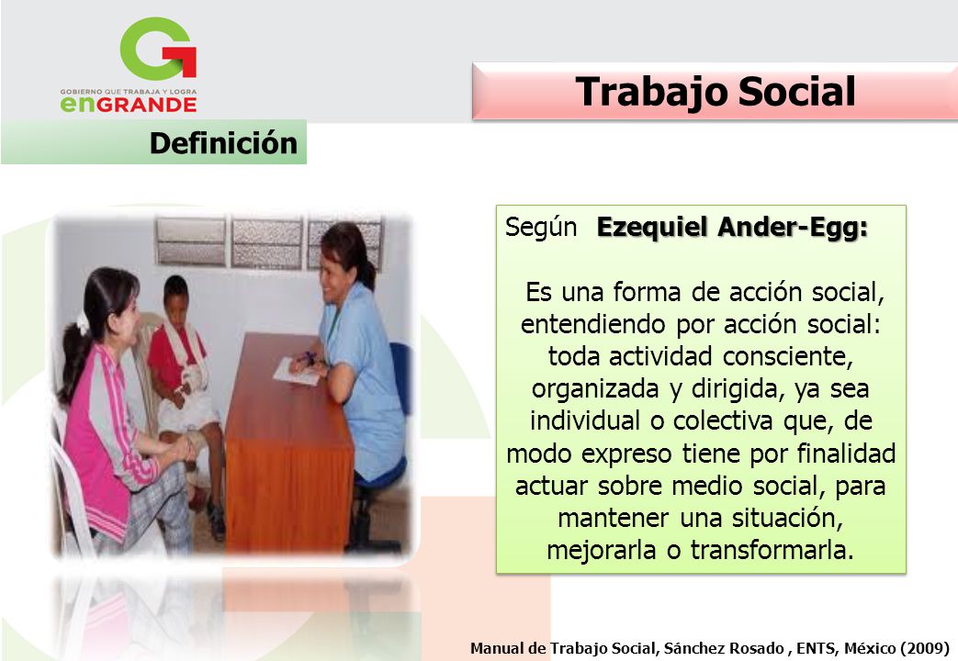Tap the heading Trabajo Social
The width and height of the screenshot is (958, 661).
[x=715, y=92]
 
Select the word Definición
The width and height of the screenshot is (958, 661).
[x=223, y=143]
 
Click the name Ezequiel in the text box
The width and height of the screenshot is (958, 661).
[x=654, y=227]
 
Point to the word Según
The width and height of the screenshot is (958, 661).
[x=541, y=227]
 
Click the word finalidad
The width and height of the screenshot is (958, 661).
[x=846, y=454]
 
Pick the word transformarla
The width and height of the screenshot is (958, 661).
[x=772, y=551]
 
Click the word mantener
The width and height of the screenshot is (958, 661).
[x=614, y=518]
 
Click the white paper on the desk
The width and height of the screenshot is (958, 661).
[x=297, y=372]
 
